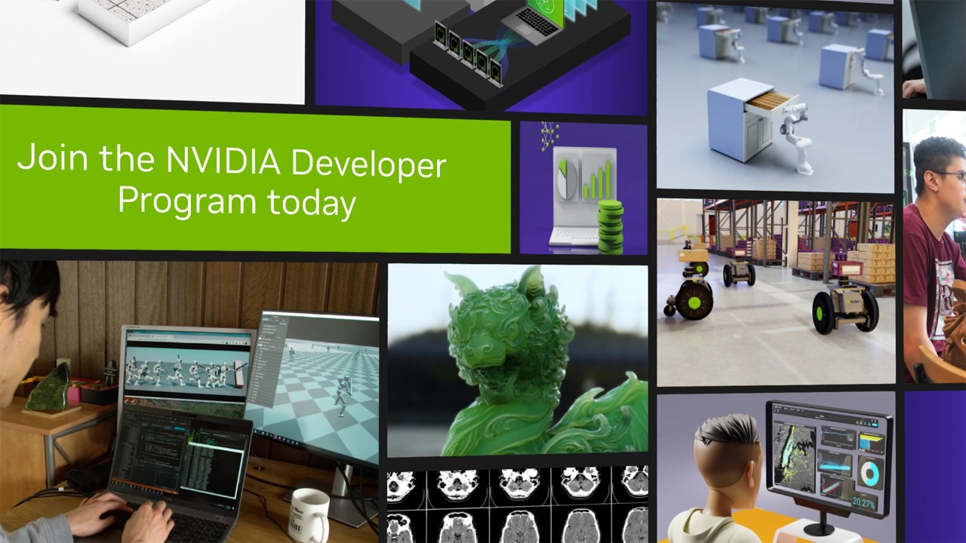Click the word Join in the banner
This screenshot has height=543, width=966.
pyautogui.click(x=47, y=158)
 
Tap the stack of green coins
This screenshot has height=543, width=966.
pyautogui.click(x=610, y=226)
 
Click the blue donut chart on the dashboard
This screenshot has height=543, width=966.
pyautogui.click(x=869, y=473)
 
